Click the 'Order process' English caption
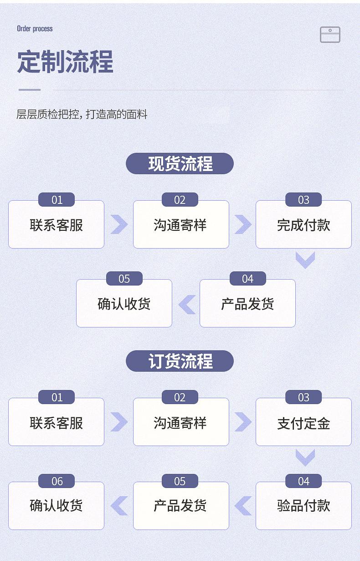click(x=35, y=29)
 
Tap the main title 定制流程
click(x=65, y=62)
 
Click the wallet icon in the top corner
click(x=330, y=35)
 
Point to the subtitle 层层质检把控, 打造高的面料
click(x=82, y=114)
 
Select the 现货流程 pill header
click(x=180, y=164)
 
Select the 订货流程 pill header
click(x=180, y=361)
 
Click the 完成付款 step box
click(x=303, y=224)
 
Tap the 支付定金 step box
click(x=303, y=422)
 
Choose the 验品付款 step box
click(x=303, y=506)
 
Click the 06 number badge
click(x=57, y=481)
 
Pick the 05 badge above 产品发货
click(x=180, y=481)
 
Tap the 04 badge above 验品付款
click(x=303, y=481)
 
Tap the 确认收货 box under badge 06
click(x=57, y=506)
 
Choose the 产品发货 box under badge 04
click(x=247, y=303)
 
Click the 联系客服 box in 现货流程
click(x=57, y=224)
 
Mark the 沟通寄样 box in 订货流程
click(x=181, y=422)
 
